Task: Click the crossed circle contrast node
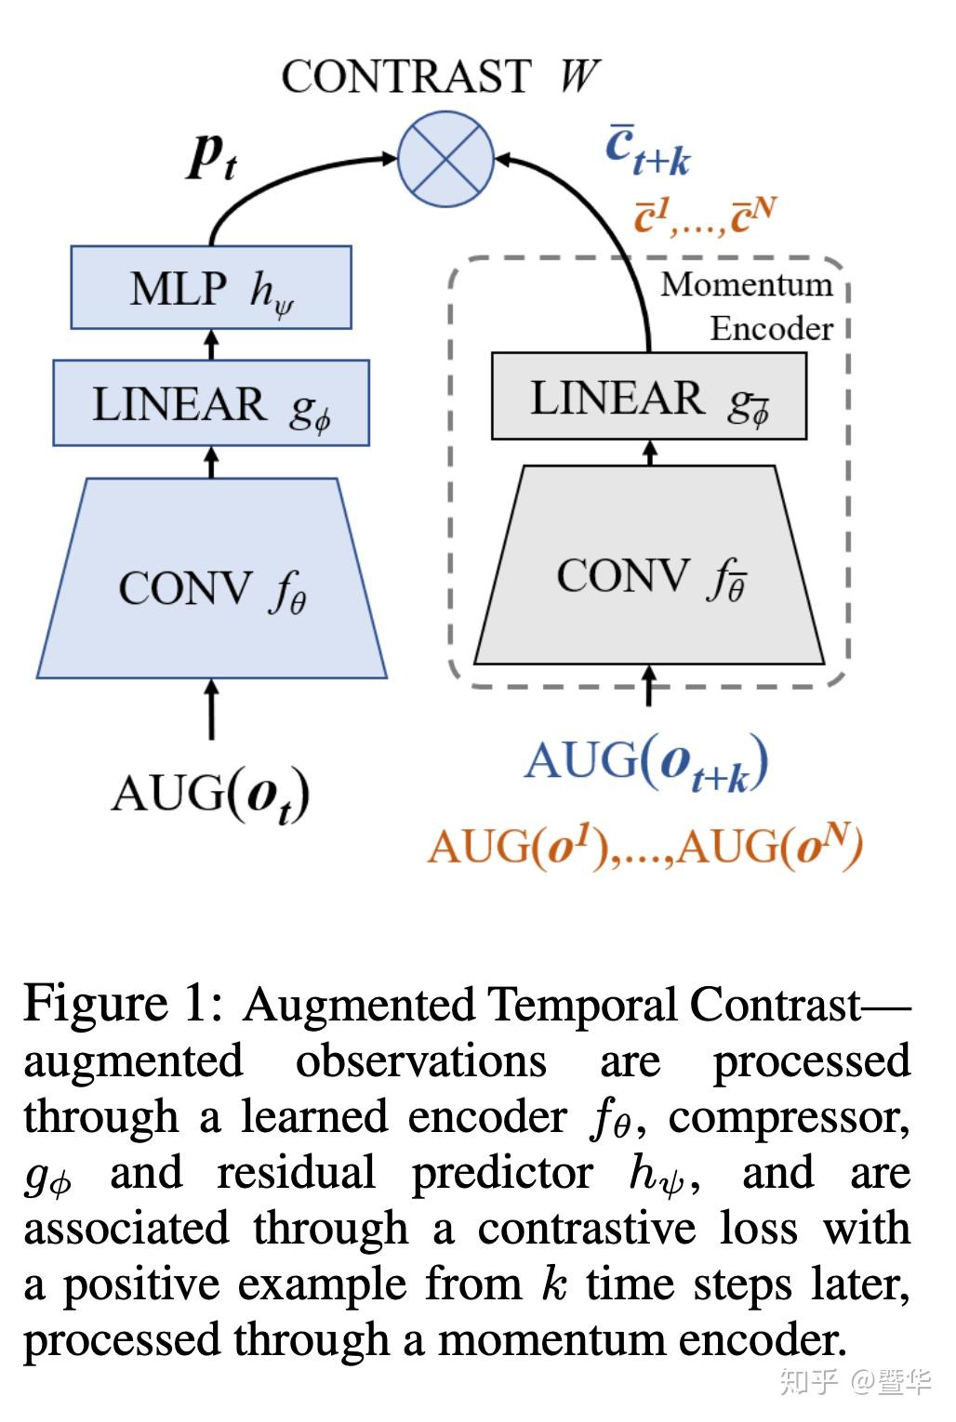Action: (x=446, y=158)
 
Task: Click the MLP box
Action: (x=211, y=287)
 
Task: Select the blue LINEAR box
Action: (x=211, y=403)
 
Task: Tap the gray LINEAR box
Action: (x=648, y=396)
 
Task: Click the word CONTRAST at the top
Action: (x=406, y=76)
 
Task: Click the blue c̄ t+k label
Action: (x=647, y=151)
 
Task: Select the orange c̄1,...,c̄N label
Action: (x=705, y=216)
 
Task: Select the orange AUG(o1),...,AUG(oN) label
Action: (x=645, y=846)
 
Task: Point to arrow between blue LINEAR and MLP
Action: (x=211, y=345)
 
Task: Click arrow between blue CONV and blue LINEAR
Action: (x=211, y=462)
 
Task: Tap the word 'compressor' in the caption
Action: (x=789, y=1117)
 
